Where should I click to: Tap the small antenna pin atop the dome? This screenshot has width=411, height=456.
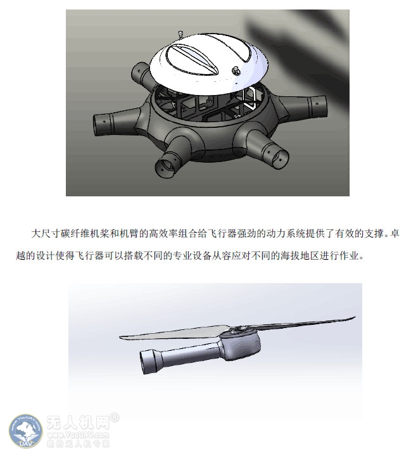click(180, 35)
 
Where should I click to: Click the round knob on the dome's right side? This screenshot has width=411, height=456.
click(236, 71)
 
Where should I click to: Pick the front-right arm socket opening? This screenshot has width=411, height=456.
click(276, 155)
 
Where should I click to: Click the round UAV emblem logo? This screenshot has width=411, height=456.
click(26, 431)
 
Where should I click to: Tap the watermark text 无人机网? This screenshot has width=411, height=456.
click(78, 423)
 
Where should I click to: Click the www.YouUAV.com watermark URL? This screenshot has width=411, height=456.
click(78, 435)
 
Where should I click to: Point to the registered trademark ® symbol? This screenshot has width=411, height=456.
click(115, 417)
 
